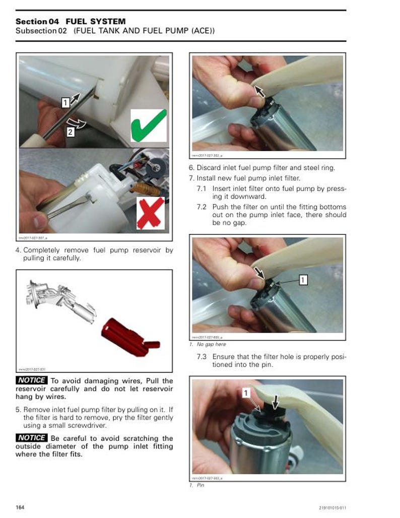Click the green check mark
coord(149,125)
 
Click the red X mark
coord(151,212)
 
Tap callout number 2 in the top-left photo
coord(70,132)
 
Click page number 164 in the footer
coord(20,506)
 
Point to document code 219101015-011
coord(332,507)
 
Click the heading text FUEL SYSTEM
coord(95,21)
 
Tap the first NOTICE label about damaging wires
coord(32,380)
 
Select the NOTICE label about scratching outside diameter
coord(32,438)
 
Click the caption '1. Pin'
coord(197,485)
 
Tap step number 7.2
coord(202,207)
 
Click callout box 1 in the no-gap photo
coord(303,279)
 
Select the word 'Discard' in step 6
coord(208,168)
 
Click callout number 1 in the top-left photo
coord(65,103)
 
